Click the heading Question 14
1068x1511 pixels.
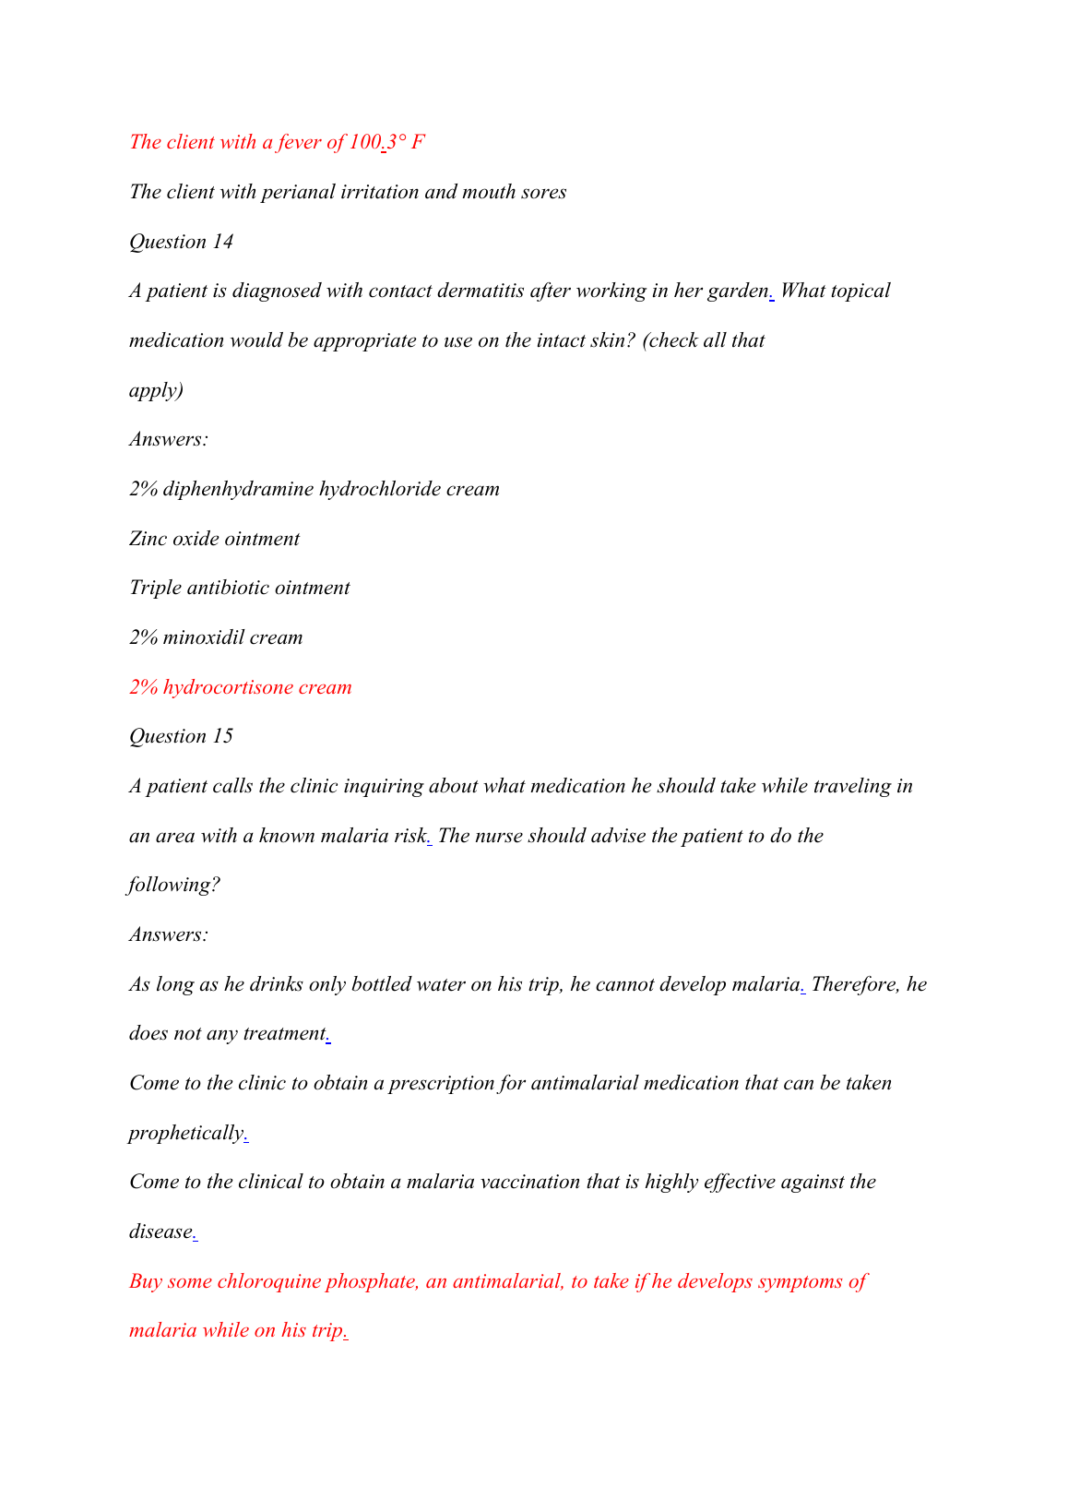[181, 242]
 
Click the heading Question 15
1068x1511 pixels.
[181, 736]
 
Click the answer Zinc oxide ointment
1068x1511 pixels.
[214, 539]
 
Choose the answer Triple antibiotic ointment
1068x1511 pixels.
[239, 589]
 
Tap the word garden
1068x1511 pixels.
[737, 291]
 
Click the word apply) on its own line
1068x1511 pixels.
[156, 390]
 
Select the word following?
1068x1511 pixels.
[174, 886]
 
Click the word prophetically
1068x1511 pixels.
[185, 1133]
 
